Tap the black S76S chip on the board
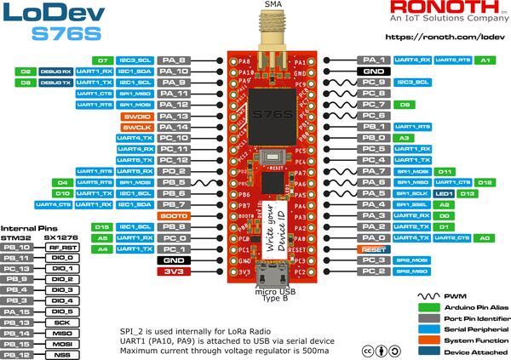pyautogui.click(x=274, y=111)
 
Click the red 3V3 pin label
pyautogui.click(x=173, y=272)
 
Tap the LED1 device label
pyautogui.click(x=443, y=193)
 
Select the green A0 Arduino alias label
pyautogui.click(x=485, y=238)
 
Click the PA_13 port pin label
pyautogui.click(x=173, y=115)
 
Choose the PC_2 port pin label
pyautogui.click(x=375, y=271)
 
